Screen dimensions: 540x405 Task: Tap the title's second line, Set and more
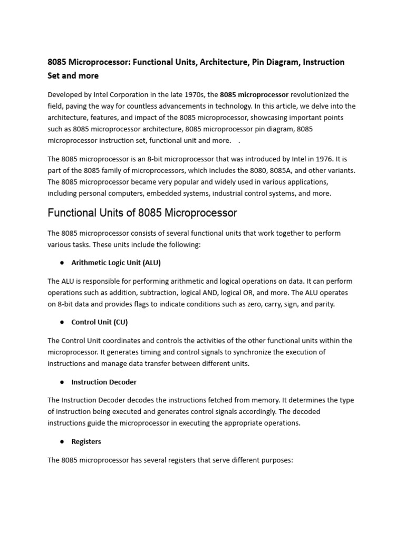73,75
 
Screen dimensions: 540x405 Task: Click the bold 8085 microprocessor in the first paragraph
254,95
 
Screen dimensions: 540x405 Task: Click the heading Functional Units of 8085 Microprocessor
142,213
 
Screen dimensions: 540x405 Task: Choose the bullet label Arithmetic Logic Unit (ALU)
116,263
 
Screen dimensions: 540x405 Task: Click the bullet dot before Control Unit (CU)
61,322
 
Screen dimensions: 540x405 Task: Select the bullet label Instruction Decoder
104,382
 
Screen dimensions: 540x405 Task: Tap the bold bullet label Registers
86,441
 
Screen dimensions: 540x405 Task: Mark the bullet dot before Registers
61,441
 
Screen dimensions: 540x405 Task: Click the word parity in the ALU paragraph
323,304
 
